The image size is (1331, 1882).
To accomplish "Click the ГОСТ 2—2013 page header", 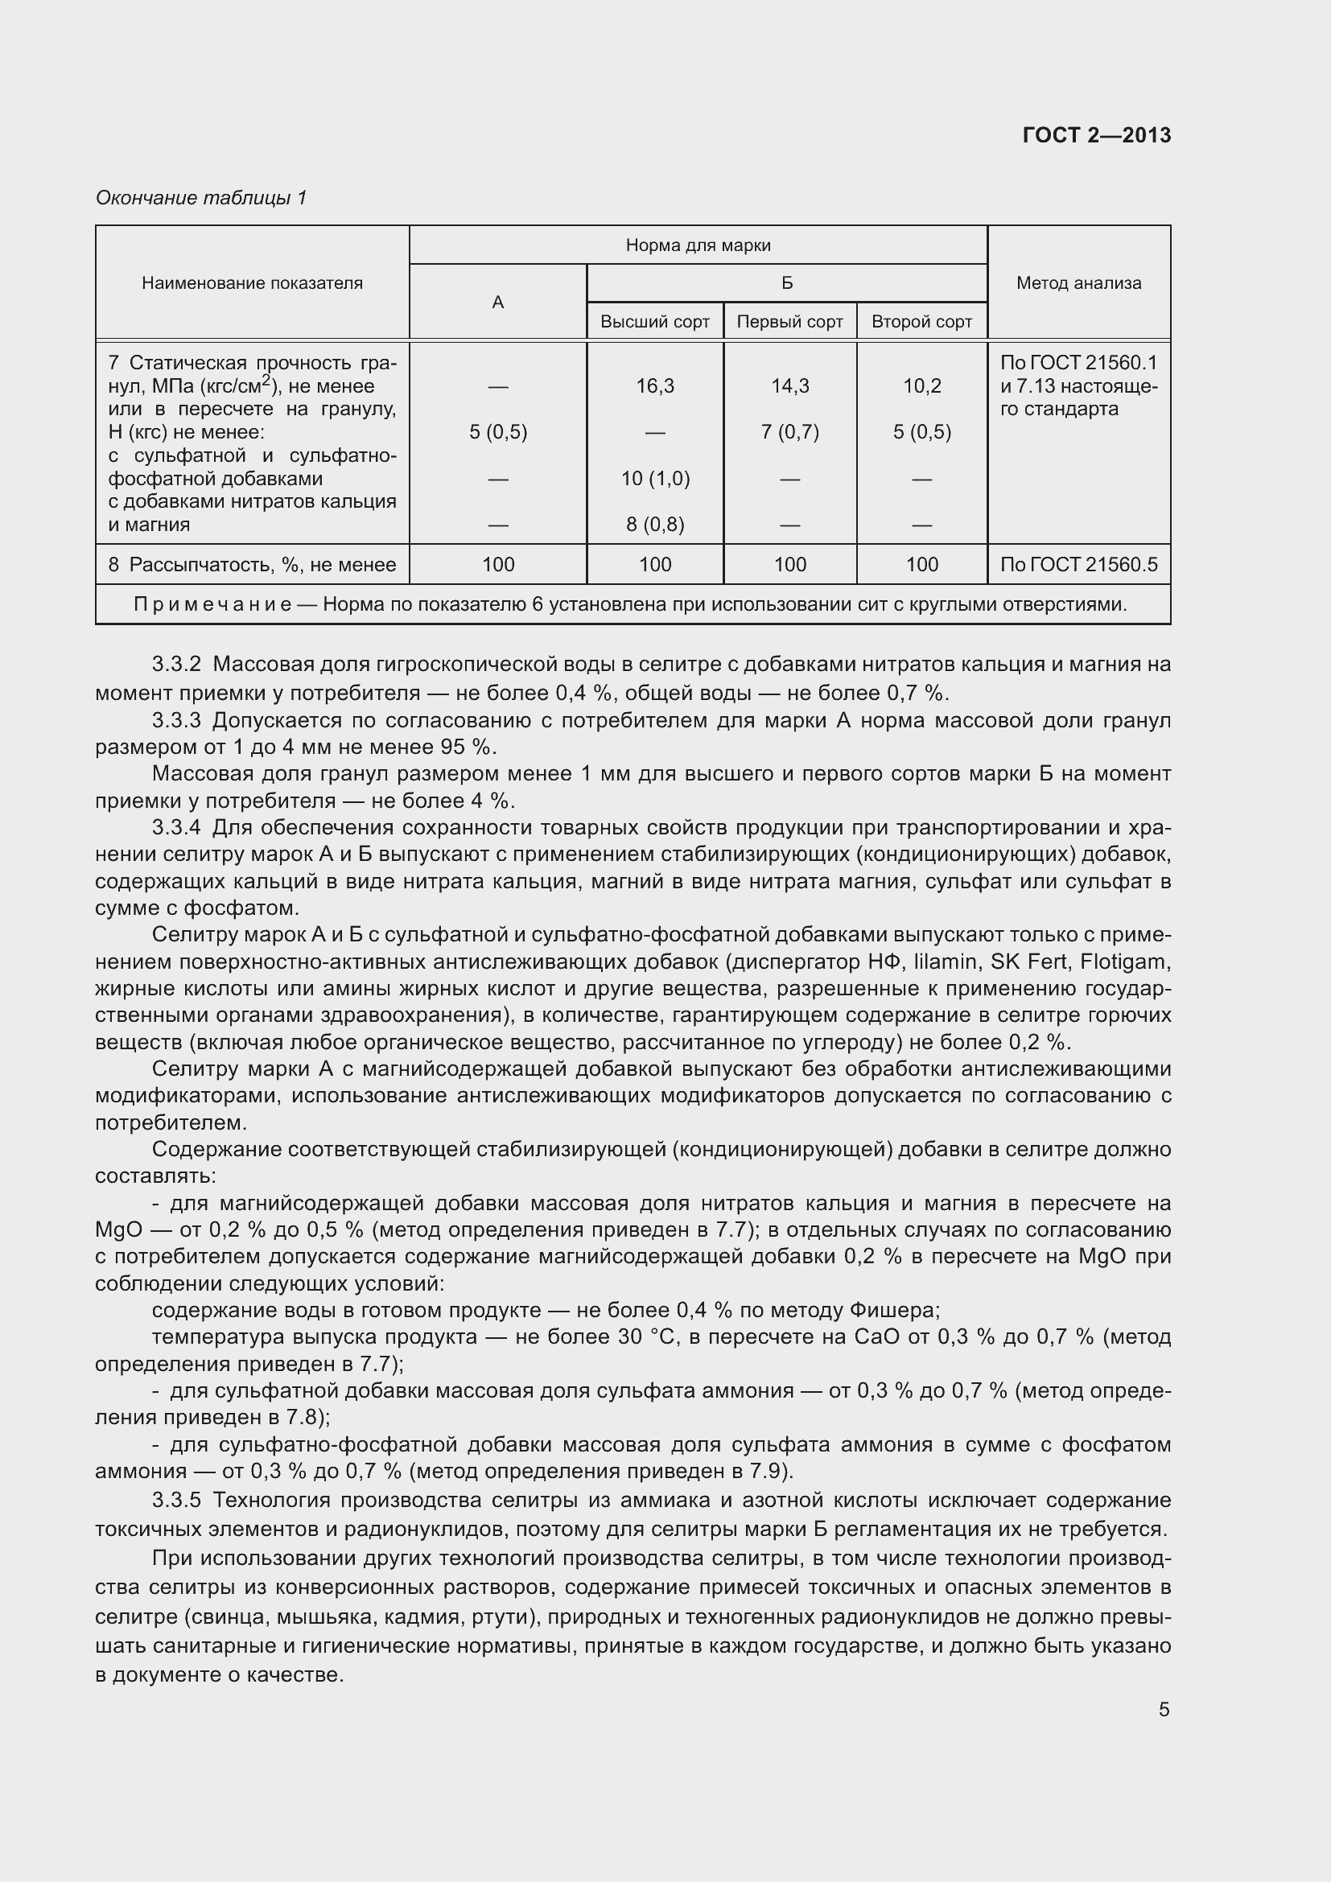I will (x=1096, y=135).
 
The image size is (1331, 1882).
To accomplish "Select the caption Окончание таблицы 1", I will (x=201, y=198).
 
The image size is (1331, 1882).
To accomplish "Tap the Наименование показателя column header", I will (x=252, y=283).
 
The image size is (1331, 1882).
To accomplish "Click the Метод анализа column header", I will (x=1078, y=283).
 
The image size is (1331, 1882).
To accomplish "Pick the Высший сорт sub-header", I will (x=654, y=322).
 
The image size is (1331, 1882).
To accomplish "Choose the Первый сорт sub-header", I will (x=789, y=322).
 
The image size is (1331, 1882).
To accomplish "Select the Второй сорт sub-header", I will (x=921, y=322).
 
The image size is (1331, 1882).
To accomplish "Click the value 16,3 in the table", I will (x=654, y=386).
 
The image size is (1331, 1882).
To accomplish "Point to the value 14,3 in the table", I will (x=789, y=386).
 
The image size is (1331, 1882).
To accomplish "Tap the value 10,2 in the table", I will (x=921, y=386).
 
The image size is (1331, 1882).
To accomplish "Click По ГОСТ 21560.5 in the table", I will (x=1078, y=565).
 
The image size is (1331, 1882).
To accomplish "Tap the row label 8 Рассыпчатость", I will (x=252, y=565).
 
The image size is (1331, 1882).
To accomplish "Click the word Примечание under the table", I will (x=212, y=605).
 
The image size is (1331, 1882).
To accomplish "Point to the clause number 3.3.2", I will (x=176, y=664).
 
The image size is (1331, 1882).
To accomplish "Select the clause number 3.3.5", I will (x=176, y=1500).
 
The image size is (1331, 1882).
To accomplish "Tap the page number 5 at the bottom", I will (x=1164, y=1710).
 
